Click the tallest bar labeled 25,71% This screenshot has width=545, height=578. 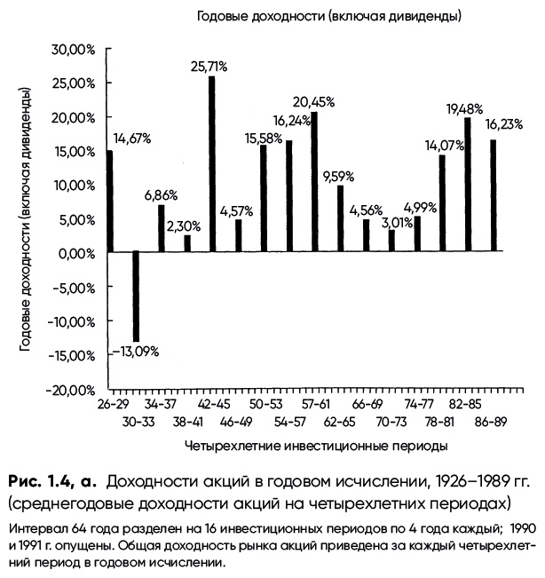tap(212, 164)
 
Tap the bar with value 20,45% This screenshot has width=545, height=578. tap(314, 182)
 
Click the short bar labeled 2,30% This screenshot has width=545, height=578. tap(187, 244)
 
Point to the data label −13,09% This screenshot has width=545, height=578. tap(136, 351)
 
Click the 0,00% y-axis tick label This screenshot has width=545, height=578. tap(75, 253)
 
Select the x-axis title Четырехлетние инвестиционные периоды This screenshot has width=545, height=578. tap(316, 441)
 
